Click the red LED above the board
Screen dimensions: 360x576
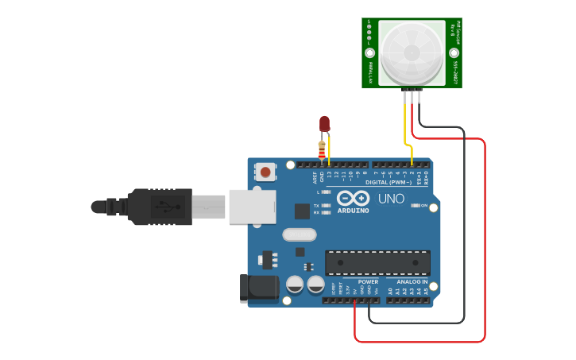point(324,122)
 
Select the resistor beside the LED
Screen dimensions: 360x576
point(321,149)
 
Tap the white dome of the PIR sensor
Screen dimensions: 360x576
point(412,52)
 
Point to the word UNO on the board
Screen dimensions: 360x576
point(390,198)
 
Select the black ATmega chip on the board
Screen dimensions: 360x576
point(377,262)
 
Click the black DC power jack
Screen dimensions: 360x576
point(258,288)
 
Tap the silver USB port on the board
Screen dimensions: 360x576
point(252,206)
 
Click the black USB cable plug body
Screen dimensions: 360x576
point(159,207)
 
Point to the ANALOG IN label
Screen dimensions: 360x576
point(412,281)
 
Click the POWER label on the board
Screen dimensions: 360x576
point(368,281)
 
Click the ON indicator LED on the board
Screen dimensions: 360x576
point(416,206)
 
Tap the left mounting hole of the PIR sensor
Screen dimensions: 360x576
point(369,53)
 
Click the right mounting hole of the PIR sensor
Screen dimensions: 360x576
point(454,53)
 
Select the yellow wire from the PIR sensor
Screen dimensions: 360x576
point(406,127)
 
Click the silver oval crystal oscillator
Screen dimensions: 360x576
point(299,234)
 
